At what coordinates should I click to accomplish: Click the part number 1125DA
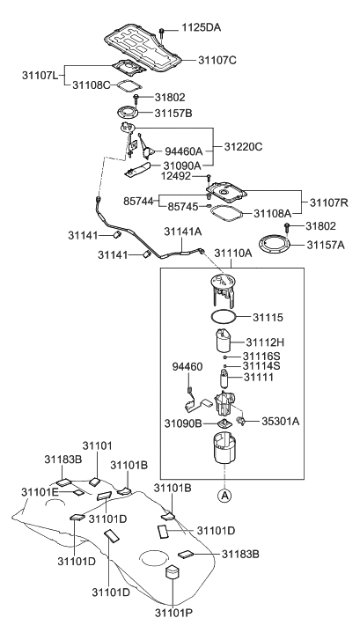(x=202, y=28)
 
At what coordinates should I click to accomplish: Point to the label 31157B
(x=174, y=114)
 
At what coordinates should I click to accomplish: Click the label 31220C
(x=244, y=146)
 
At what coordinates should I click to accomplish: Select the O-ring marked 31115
(x=224, y=314)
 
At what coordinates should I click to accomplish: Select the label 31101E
(x=44, y=491)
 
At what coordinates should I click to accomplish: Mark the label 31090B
(x=183, y=424)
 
